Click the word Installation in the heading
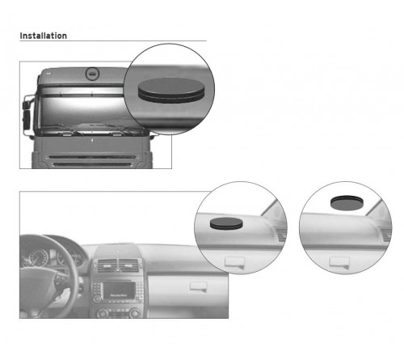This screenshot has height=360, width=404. pos(44,36)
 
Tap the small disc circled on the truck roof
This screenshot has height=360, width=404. pos(92,74)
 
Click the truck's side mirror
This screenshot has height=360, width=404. pos(27,118)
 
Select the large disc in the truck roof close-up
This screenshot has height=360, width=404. pos(171,90)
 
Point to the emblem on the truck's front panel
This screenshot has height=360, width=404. pos(92,140)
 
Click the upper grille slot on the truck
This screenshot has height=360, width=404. pos(92,157)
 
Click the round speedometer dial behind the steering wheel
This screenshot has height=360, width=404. pos(39,257)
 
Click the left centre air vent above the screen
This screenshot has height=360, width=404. pos(107,265)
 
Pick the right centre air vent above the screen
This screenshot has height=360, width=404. pos(128,265)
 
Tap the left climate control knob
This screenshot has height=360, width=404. pos(103,313)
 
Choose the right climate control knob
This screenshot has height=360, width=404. pos(135,313)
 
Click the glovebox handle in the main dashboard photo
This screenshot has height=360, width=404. pos(198,286)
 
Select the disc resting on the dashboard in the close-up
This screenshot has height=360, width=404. pos(226,223)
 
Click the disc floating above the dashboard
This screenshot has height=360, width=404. pos(347,202)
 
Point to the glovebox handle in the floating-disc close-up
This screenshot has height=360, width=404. pos(339,262)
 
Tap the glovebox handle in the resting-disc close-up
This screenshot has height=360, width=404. pos(235,262)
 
